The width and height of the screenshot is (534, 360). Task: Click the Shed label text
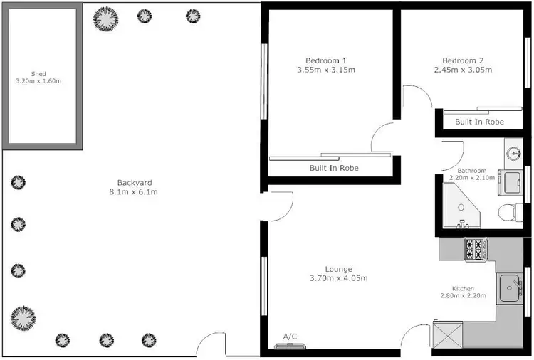click(38, 73)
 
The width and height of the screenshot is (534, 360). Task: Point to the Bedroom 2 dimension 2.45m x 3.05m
click(463, 70)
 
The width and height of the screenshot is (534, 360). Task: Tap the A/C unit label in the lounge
click(290, 336)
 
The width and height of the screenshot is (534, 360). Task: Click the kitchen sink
click(510, 289)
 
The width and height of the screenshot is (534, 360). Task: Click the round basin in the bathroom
click(514, 152)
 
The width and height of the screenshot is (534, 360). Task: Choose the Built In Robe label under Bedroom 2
click(479, 122)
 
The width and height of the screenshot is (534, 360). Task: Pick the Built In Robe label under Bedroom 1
click(333, 168)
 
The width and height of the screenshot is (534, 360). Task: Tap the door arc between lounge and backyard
click(280, 204)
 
